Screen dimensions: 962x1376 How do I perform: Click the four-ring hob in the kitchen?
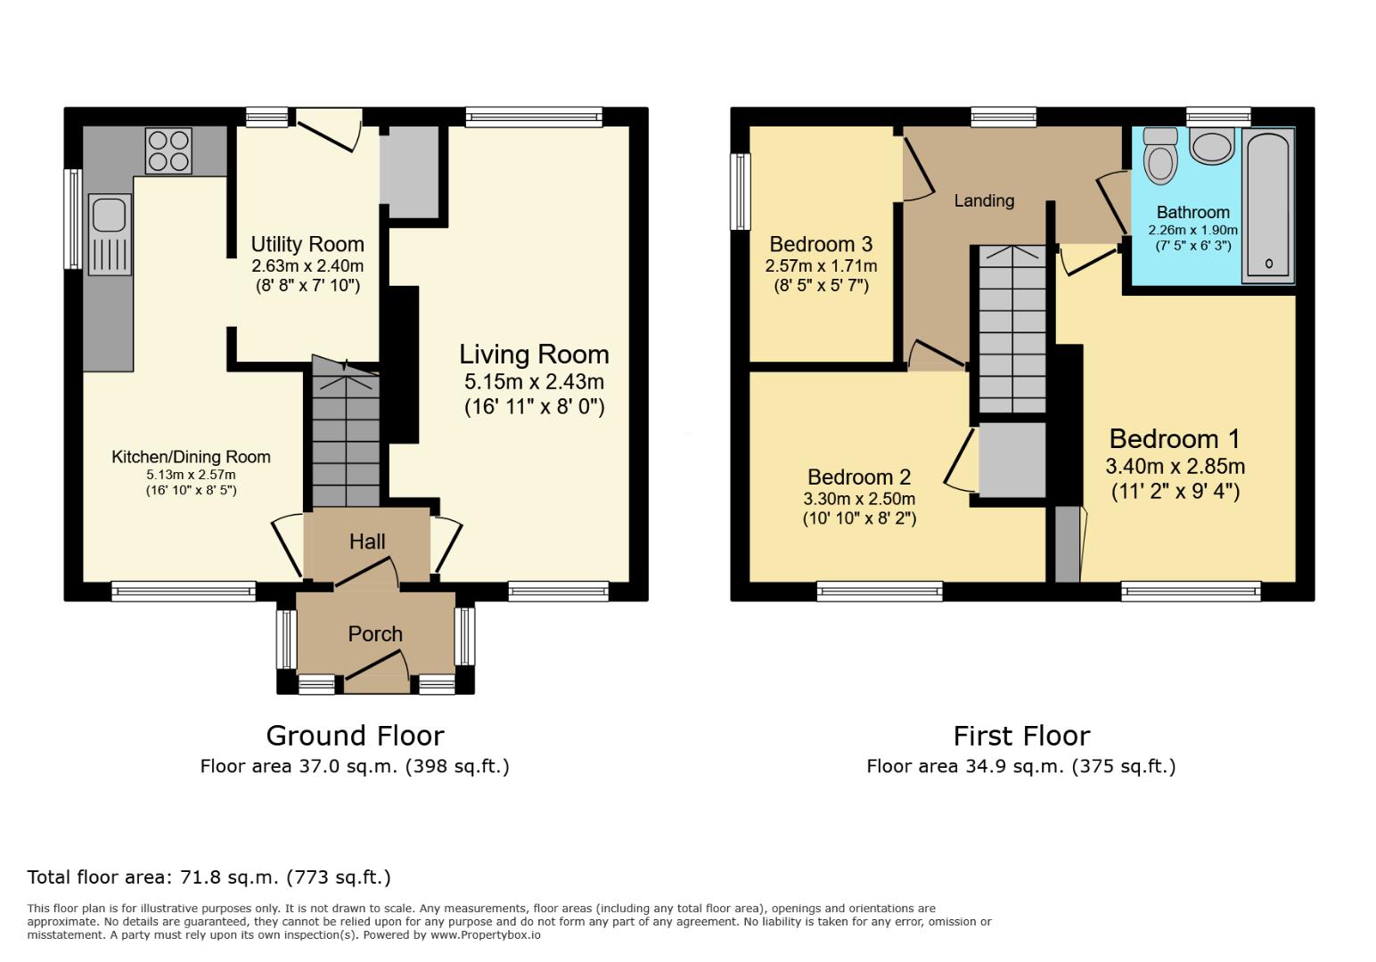click(x=168, y=151)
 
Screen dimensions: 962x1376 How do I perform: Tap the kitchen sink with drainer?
click(x=109, y=235)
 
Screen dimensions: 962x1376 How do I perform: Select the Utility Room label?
click(x=307, y=244)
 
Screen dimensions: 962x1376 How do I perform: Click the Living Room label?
click(x=534, y=355)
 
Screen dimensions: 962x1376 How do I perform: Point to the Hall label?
click(x=367, y=542)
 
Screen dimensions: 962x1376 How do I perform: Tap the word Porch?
click(x=375, y=634)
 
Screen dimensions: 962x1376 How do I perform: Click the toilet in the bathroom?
click(x=1160, y=157)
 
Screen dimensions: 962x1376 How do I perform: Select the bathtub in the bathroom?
click(x=1268, y=205)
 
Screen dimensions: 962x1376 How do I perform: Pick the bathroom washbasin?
click(x=1211, y=146)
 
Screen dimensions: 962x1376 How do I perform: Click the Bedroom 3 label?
click(x=821, y=244)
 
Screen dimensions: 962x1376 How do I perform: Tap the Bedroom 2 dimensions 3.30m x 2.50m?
click(x=859, y=499)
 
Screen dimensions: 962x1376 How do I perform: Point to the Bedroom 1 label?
click(x=1175, y=439)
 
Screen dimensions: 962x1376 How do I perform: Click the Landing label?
click(x=984, y=200)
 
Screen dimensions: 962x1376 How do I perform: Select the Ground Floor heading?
click(x=355, y=736)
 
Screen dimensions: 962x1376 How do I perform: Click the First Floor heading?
click(x=1021, y=736)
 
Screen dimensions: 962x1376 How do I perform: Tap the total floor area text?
click(x=209, y=877)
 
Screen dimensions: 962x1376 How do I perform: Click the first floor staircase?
click(x=1012, y=330)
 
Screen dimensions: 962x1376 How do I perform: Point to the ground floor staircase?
click(x=346, y=436)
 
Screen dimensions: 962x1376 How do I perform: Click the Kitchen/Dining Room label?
click(x=191, y=457)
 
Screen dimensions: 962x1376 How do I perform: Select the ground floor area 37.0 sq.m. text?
click(x=355, y=766)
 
